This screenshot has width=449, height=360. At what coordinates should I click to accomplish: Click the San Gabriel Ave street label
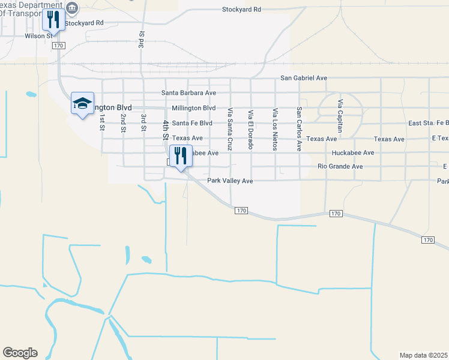[304, 78]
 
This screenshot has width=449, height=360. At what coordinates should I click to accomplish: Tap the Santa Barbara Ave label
[188, 93]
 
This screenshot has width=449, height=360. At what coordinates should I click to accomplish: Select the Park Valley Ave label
[230, 181]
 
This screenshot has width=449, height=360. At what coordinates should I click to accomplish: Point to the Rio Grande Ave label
[340, 166]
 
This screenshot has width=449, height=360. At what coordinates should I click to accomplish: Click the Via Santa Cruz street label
[230, 128]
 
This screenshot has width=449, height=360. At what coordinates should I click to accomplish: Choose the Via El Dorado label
[251, 129]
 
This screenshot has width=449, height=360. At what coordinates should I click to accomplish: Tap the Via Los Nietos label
[275, 129]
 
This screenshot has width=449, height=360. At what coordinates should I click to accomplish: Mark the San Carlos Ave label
[298, 129]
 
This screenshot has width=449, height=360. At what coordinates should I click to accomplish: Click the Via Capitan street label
[340, 116]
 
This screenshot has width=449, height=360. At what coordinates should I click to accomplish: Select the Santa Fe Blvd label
[192, 123]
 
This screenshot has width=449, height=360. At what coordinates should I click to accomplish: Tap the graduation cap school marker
[82, 103]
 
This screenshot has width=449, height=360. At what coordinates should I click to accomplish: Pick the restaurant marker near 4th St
[181, 155]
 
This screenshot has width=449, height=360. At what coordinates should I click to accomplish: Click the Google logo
[20, 353]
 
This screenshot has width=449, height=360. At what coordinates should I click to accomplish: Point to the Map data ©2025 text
[423, 355]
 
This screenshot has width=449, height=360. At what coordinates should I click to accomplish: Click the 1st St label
[102, 122]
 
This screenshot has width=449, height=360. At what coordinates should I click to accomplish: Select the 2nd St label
[123, 122]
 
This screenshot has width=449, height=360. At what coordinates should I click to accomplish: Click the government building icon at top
[72, 7]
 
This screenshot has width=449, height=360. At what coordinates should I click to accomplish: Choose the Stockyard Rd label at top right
[242, 10]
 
